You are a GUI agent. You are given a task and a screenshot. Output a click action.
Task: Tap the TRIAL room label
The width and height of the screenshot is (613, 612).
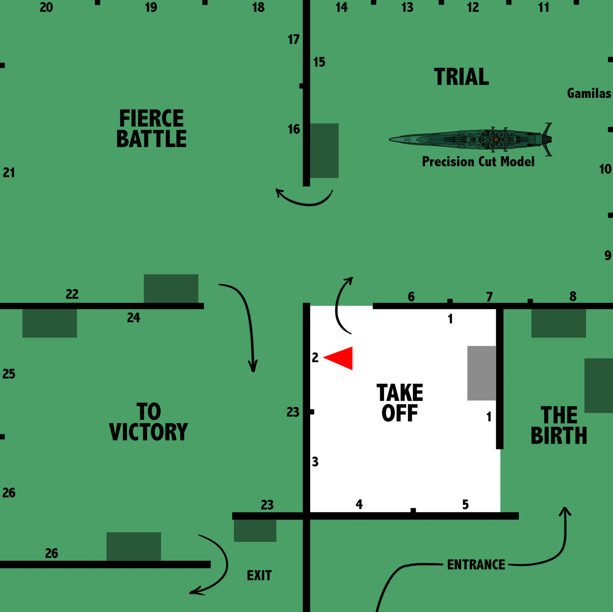461,77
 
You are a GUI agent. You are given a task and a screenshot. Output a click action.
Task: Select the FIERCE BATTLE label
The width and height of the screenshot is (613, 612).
151,128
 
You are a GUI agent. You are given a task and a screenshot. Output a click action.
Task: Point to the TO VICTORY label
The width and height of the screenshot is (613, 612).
149,422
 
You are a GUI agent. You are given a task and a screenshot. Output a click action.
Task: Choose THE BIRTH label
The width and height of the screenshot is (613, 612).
559,425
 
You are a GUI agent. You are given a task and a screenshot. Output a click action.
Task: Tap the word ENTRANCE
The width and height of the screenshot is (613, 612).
476,565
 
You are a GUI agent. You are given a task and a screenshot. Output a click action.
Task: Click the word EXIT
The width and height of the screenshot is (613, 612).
259,576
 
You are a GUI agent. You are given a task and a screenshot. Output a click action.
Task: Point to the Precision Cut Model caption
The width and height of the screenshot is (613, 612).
478,162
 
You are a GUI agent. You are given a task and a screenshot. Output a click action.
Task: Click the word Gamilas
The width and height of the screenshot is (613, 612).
589,93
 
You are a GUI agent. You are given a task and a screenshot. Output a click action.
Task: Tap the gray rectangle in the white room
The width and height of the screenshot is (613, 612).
482,373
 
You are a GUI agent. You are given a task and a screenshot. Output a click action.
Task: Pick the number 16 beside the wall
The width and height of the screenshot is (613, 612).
294,130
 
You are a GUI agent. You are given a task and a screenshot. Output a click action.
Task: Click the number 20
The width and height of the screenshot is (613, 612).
46,7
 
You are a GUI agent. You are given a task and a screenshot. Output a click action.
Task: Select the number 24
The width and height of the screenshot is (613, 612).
134,318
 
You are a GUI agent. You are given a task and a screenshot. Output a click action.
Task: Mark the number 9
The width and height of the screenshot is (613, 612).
608,255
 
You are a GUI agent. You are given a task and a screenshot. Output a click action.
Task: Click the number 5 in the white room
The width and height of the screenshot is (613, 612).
465,504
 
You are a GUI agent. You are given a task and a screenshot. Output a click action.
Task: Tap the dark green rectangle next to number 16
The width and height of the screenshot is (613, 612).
324,151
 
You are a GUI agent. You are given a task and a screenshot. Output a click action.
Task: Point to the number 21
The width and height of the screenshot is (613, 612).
9,173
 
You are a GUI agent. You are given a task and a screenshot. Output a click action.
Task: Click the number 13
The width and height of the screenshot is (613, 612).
407,7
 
